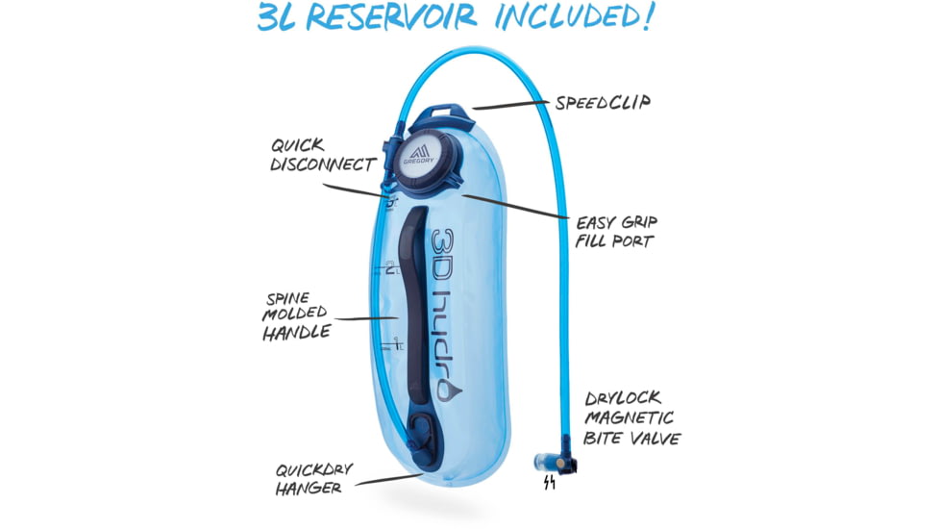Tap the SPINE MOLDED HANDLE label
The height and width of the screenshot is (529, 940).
pyautogui.click(x=295, y=315)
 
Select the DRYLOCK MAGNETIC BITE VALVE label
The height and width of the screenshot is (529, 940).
pyautogui.click(x=632, y=417)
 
